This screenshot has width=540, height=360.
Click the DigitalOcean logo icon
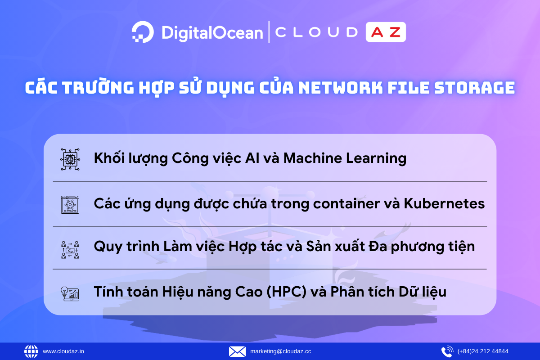coord(143,32)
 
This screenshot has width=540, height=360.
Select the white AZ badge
coord(386,32)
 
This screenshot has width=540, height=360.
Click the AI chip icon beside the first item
coord(70,159)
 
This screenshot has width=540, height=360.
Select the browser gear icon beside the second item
coord(70,204)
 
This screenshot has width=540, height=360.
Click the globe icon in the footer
coord(31,351)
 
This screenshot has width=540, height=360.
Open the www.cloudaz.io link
coord(63,351)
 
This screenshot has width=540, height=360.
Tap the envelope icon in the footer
coord(237,351)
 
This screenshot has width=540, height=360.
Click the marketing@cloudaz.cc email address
coord(280,351)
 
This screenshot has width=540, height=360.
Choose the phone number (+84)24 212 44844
coord(483,351)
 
